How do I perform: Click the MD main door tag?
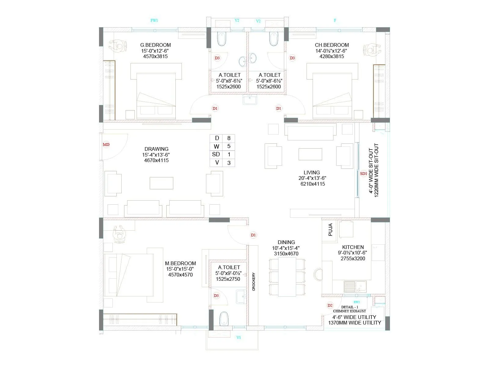pyautogui.click(x=106, y=145)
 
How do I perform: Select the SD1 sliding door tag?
pyautogui.click(x=363, y=174)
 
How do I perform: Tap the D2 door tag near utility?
pyautogui.click(x=330, y=305)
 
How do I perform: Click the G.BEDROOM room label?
pyautogui.click(x=155, y=45)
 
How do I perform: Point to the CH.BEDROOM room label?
pyautogui.click(x=332, y=45)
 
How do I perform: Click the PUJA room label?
pyautogui.click(x=330, y=230)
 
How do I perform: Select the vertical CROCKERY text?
pyautogui.click(x=254, y=281)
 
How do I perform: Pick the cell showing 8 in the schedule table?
pyautogui.click(x=229, y=138)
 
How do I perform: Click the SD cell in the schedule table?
pyautogui.click(x=216, y=154)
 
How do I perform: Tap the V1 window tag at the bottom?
pyautogui.click(x=239, y=337)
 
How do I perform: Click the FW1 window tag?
pyautogui.click(x=154, y=20)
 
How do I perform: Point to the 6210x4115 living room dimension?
pyautogui.click(x=311, y=184)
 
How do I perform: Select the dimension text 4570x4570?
pyautogui.click(x=180, y=275)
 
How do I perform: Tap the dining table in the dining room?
pyautogui.click(x=287, y=277)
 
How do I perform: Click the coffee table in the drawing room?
pyautogui.click(x=161, y=183)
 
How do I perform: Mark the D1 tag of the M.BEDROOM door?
pyautogui.click(x=253, y=235)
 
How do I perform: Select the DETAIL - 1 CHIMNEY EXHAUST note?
pyautogui.click(x=349, y=309)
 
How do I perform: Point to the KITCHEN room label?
pyautogui.click(x=353, y=247)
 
